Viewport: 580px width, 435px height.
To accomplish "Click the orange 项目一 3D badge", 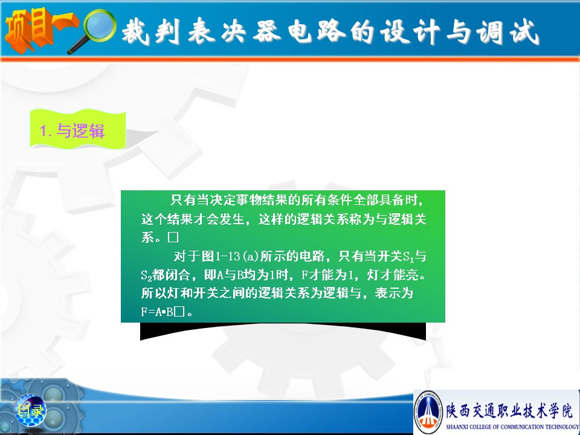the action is coord(40,30).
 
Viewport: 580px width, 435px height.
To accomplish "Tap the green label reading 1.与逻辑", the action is coord(78,130).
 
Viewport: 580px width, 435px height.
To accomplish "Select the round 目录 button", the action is coord(31,410).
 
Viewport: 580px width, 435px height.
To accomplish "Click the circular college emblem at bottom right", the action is coord(429,411).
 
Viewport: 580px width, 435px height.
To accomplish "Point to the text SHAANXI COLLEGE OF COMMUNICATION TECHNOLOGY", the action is coord(512,427).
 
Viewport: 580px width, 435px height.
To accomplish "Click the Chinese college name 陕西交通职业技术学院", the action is coord(509,410).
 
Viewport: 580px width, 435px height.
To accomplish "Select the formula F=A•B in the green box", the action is coord(157,312).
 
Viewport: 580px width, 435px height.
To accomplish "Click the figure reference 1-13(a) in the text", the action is coord(237,256).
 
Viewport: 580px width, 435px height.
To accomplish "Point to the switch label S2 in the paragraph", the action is coord(146,275).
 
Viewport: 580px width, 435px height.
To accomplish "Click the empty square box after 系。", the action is coord(173,237).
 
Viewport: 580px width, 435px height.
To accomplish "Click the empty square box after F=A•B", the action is coord(179,312).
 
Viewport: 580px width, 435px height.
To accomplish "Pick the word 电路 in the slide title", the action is coord(317,30).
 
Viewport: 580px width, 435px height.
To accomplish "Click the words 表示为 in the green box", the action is coord(394,293).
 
